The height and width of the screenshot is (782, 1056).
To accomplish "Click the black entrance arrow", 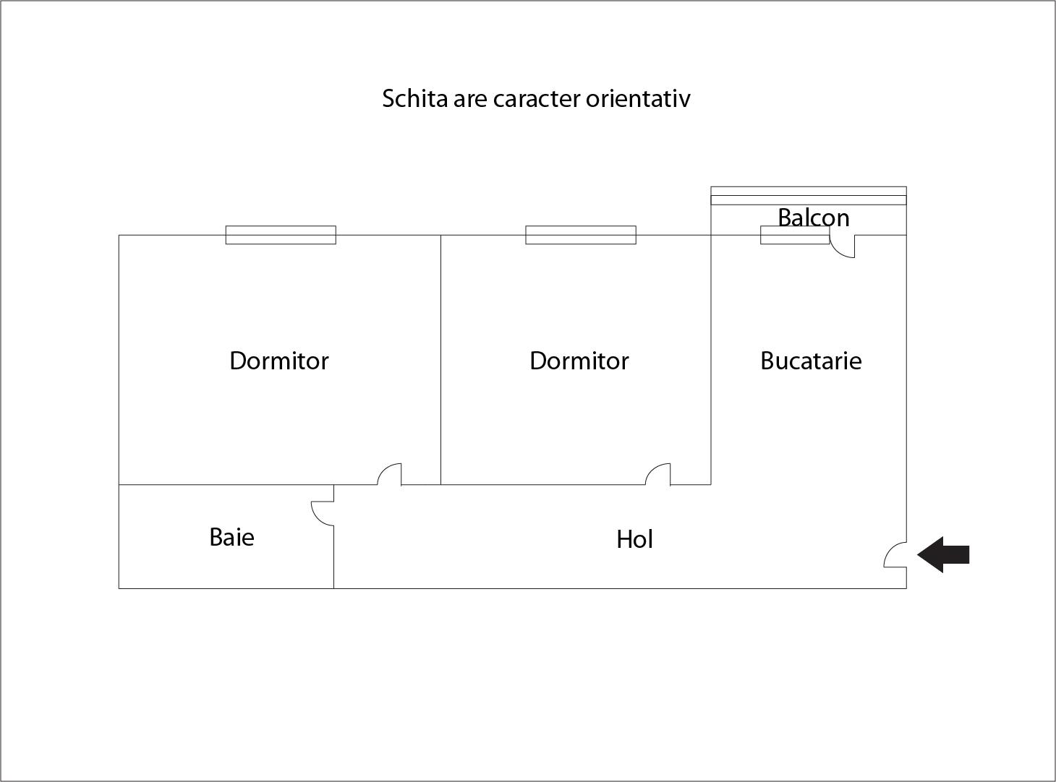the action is [942, 554].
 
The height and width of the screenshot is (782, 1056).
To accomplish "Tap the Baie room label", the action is [232, 538].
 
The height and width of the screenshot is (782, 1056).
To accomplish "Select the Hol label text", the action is [634, 539].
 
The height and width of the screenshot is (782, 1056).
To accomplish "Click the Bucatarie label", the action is [811, 361].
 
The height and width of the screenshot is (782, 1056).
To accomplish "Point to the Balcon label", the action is [814, 218].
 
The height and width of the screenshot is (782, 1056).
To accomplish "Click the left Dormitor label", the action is [279, 361].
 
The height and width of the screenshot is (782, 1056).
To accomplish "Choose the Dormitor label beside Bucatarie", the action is [579, 361].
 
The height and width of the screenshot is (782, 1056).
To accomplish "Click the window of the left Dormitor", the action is [281, 235].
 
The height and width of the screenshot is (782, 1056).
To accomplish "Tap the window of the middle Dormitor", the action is [580, 235].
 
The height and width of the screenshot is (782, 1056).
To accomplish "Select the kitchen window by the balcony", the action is [795, 235].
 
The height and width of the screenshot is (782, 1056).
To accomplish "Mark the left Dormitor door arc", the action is [385, 468].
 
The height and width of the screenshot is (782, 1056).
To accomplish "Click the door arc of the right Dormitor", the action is [652, 469].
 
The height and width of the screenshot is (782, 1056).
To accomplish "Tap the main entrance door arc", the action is [890, 549].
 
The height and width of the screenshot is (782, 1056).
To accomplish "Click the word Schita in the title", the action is [414, 98].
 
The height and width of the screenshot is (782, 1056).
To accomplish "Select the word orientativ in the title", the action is [638, 98].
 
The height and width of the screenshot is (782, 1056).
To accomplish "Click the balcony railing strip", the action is [809, 196].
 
